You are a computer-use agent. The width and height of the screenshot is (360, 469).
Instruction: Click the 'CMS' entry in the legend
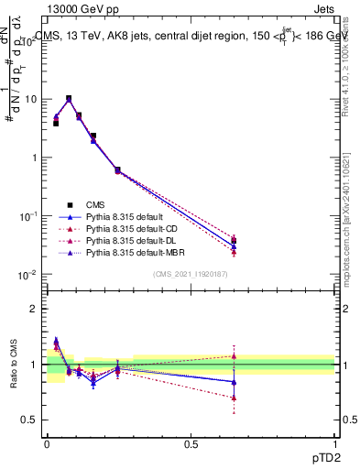[94, 203]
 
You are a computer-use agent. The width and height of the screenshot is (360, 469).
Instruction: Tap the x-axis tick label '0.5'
[191, 442]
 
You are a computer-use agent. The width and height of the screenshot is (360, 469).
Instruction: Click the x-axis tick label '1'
[335, 442]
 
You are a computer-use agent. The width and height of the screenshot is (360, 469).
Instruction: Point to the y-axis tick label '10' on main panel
[30, 99]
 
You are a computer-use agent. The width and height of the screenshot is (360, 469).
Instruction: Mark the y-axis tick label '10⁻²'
[27, 275]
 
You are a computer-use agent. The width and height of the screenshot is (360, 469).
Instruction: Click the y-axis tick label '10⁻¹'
[27, 216]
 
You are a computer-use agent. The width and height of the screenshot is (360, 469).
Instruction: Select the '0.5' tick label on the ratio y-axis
[33, 420]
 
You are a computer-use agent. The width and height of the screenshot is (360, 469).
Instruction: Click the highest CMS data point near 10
[69, 98]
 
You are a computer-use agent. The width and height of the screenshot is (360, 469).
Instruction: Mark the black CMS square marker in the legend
[68, 203]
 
